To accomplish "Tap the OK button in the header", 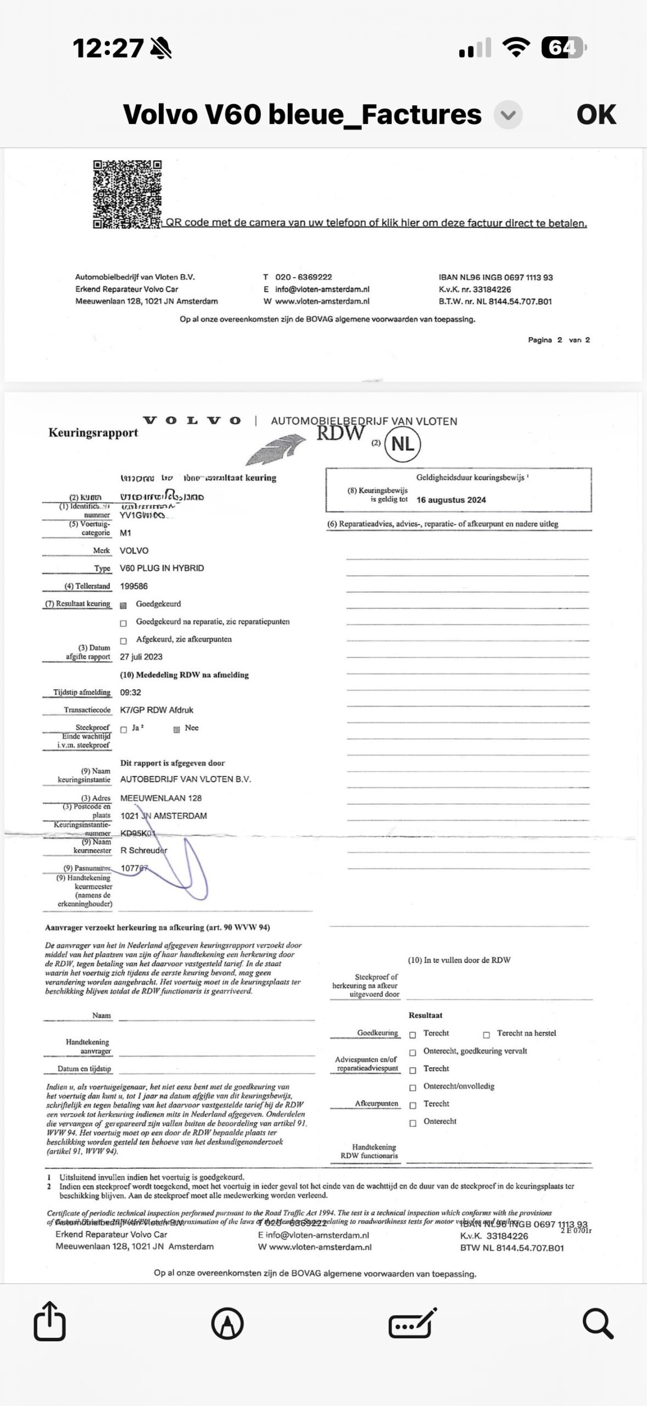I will pos(596,115).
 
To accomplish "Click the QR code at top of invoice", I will pos(127,194).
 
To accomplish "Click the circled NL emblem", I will pos(403,444).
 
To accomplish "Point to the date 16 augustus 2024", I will pos(451,500).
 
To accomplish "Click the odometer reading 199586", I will pos(133,586).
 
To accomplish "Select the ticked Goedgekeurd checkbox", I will pos(124,605).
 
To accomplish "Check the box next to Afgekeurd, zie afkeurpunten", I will pos(124,640).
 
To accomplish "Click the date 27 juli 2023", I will pos(141,657).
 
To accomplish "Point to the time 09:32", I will pos(131,693).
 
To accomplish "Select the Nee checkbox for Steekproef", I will pos(177,729).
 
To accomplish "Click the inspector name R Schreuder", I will pos(144,850).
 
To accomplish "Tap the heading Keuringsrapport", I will pos(93,433).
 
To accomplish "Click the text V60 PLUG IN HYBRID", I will pos(161,568).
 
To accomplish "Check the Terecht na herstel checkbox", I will pos(486,1035).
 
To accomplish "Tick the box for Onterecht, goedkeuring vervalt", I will pos(412,1053).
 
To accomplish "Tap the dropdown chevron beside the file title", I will pos(508,115).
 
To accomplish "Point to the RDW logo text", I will pos(341,433).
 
